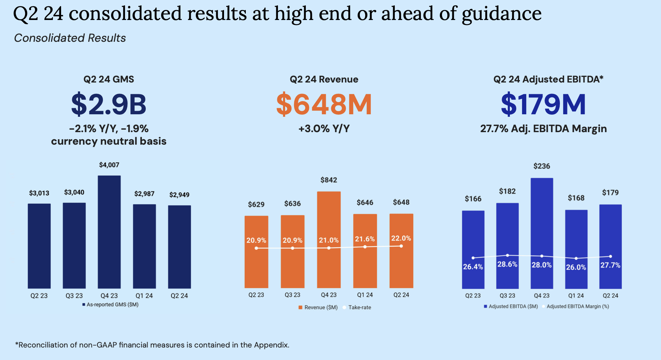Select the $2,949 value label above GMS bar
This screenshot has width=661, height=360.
(179, 195)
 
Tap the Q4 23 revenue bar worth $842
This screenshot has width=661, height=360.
(329, 239)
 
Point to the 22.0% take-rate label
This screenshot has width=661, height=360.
(401, 238)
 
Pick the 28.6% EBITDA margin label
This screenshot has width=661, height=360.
(507, 264)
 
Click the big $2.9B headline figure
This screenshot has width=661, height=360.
(109, 104)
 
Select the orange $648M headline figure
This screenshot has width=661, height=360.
(324, 104)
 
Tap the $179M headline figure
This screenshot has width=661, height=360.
(543, 104)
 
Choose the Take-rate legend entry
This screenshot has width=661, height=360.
(359, 307)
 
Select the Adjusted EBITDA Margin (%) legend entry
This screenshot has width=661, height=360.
(577, 306)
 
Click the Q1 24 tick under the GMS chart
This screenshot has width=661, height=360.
(144, 296)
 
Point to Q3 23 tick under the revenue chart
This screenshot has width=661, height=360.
(292, 295)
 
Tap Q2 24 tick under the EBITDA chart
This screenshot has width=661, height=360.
(610, 296)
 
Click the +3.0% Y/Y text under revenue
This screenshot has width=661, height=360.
(324, 129)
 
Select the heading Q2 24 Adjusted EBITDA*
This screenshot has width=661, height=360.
(548, 79)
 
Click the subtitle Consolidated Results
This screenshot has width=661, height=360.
(70, 38)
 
